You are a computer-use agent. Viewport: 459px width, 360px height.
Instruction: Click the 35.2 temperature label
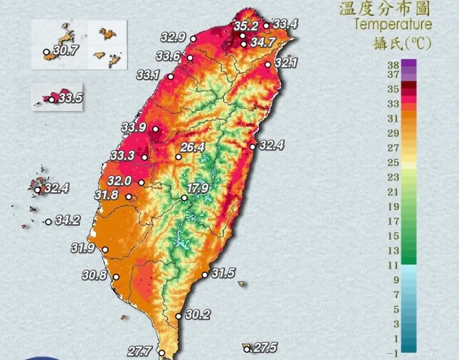point(245,26)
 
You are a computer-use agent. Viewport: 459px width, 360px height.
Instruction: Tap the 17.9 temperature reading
point(198,187)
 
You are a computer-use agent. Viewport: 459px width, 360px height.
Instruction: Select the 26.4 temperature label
point(192,147)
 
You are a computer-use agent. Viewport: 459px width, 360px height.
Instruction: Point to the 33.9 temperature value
point(134,127)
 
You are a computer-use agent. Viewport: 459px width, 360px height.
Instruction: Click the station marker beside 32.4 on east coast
point(253,146)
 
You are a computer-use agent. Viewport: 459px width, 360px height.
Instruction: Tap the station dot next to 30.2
point(178,316)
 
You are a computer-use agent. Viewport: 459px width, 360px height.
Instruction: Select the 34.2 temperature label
point(67,220)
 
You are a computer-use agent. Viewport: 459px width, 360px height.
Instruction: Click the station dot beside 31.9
point(105,250)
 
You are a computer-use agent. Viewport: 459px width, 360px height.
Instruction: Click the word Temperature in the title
point(393,24)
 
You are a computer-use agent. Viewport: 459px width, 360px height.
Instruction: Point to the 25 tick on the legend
point(392,163)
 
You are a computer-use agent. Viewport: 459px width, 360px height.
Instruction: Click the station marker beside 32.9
point(193,39)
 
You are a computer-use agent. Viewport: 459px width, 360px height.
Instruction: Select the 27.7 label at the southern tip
point(139,352)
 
